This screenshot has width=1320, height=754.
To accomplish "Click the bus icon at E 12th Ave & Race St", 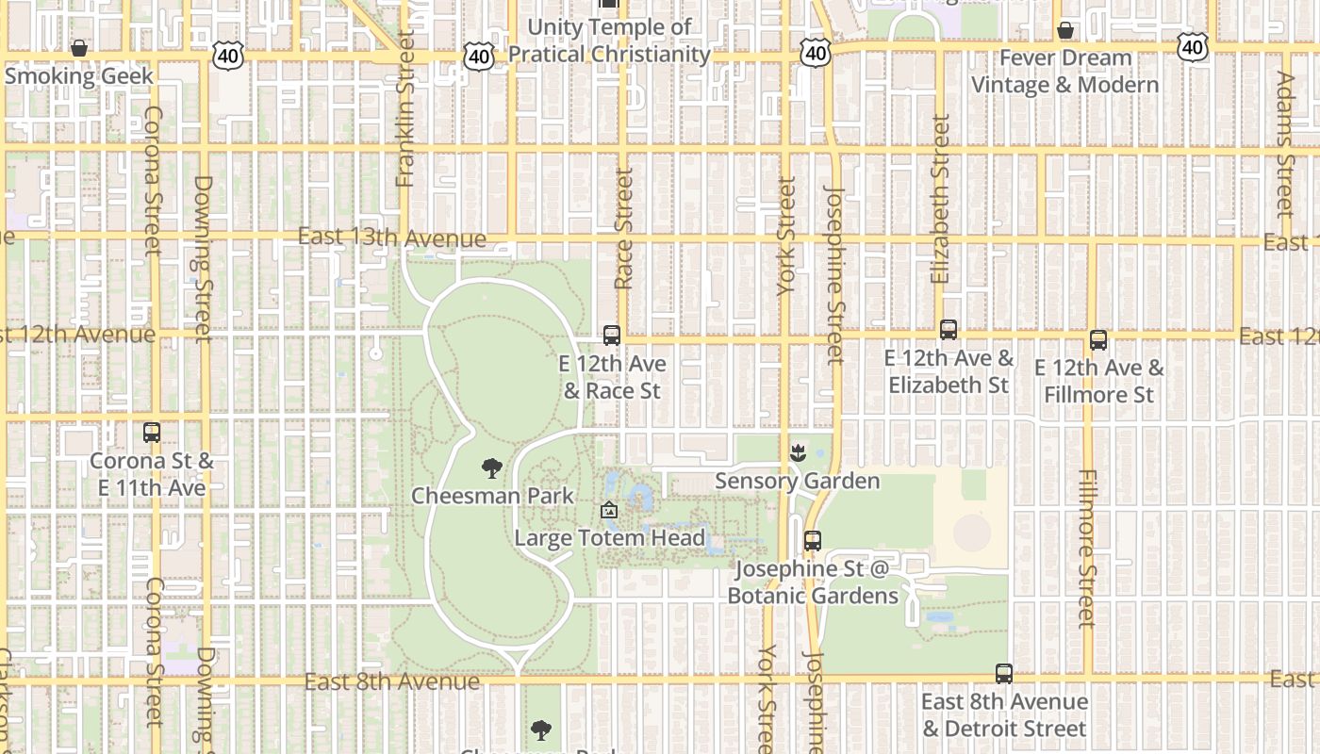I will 611,336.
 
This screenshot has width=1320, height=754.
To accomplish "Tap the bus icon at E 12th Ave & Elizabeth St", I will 949,330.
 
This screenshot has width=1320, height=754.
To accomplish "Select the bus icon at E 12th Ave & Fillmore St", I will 1098,340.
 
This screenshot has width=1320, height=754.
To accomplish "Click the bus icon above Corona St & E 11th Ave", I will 152,433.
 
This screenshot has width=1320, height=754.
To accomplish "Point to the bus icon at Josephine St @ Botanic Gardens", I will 812,541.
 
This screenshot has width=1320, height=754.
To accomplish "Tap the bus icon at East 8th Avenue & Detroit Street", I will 1004,674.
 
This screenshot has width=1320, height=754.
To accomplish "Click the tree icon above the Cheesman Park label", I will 491,467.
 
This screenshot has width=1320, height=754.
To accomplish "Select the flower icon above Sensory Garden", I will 798,453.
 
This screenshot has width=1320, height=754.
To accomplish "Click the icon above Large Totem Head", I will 609,511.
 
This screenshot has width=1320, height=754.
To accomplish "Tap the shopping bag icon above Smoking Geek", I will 80,47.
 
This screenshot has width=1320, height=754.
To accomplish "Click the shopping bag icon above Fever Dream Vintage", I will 1065,30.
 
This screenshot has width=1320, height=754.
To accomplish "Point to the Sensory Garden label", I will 798,481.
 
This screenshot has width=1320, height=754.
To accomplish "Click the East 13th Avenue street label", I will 391,237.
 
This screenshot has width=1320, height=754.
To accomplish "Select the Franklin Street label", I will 405,108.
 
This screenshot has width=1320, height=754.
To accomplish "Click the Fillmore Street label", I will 1087,549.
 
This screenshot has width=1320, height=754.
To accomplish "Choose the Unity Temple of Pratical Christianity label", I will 609,41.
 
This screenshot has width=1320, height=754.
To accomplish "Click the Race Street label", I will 623,229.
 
